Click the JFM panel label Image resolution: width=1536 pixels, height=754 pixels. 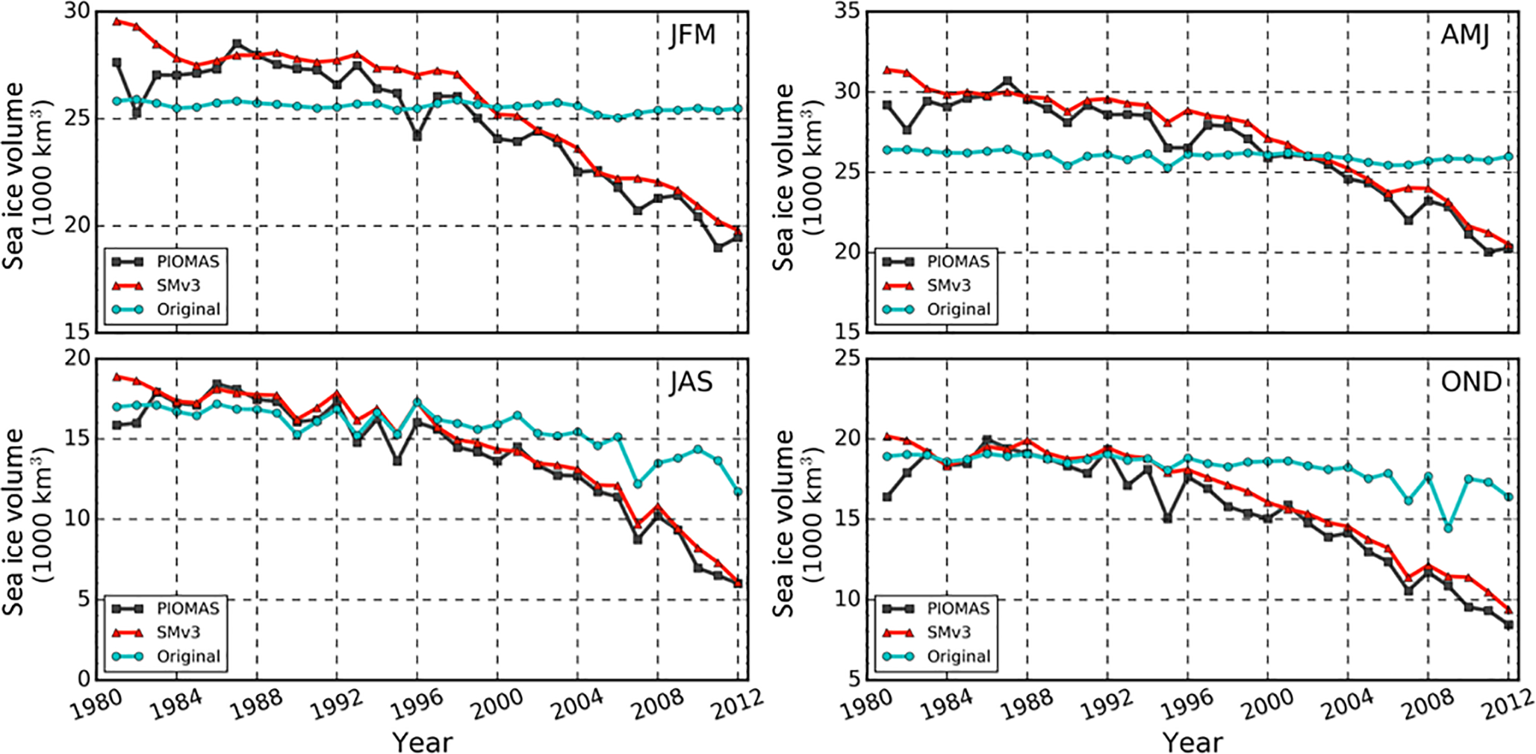point(692,35)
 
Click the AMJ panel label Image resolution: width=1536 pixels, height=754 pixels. point(1466,35)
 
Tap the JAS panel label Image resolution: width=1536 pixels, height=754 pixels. point(691,382)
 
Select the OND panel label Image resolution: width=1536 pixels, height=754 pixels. point(1471,382)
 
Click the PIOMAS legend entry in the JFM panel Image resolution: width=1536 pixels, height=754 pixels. point(188,261)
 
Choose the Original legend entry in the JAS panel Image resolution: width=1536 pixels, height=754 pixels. point(188,656)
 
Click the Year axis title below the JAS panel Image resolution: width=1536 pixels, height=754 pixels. point(422,742)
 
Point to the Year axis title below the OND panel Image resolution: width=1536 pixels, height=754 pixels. point(1193,742)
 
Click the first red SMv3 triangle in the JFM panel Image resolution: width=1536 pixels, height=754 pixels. point(117,21)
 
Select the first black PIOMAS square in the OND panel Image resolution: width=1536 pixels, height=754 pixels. point(887,496)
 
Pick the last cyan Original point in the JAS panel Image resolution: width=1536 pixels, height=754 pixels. point(738,492)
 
